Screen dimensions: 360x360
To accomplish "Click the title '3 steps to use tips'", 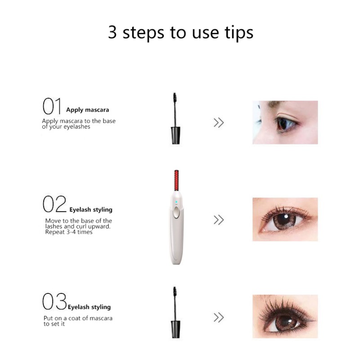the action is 180,33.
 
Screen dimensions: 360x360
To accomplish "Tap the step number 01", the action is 52,106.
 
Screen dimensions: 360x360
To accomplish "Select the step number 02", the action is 54,204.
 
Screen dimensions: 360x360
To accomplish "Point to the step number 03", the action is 54,301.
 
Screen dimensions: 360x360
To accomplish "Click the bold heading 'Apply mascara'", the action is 87,110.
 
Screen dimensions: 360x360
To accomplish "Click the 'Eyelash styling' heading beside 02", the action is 91,210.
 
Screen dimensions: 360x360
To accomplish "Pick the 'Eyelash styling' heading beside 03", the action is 89,307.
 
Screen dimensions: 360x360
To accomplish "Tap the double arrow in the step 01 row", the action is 219,122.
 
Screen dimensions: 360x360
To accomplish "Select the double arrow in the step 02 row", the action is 219,220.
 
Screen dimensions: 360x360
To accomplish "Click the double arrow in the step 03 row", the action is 219,318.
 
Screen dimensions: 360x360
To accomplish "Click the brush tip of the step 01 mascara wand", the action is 175,98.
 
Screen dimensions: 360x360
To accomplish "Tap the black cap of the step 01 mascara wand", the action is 175,135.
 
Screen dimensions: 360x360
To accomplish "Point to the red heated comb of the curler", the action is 176,180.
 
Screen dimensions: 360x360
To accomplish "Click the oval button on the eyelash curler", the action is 176,212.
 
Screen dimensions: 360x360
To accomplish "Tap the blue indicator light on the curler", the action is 176,202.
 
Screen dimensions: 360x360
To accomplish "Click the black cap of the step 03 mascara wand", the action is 175,329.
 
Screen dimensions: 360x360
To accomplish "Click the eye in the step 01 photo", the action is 286,124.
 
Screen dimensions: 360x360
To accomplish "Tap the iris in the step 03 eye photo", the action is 286,323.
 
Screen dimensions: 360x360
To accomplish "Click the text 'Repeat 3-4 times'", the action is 69,232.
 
